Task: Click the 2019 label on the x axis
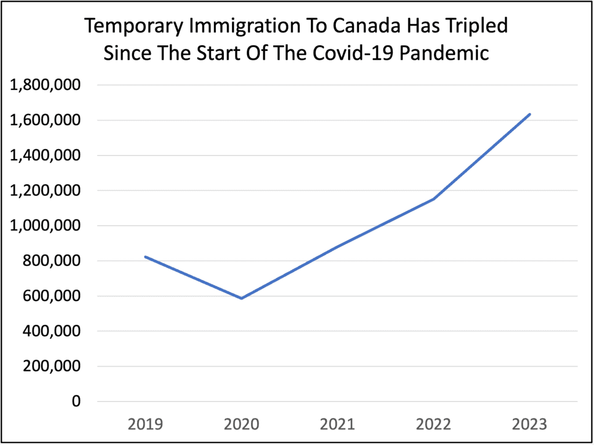pyautogui.click(x=145, y=425)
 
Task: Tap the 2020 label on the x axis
pyautogui.click(x=241, y=425)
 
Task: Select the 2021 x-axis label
pyautogui.click(x=338, y=425)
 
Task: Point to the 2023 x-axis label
pyautogui.click(x=530, y=425)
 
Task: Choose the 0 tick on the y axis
pyautogui.click(x=77, y=401)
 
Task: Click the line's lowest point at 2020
pyautogui.click(x=241, y=298)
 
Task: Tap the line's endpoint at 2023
pyautogui.click(x=530, y=114)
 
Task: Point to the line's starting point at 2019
pyautogui.click(x=145, y=256)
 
